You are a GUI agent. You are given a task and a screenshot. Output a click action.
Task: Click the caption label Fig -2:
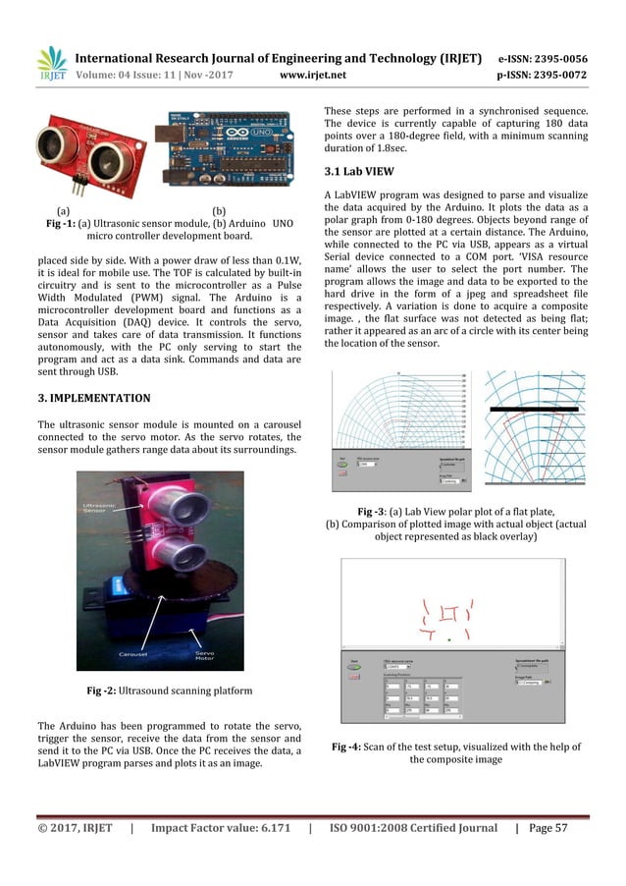pos(108,690)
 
